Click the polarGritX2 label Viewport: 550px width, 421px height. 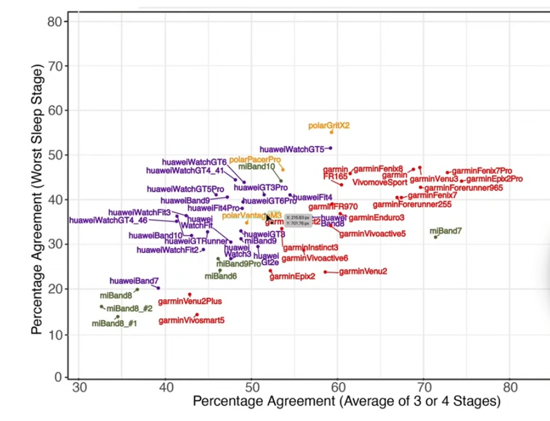coord(328,126)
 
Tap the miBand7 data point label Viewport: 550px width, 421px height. coord(446,231)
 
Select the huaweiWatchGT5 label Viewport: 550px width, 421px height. coord(292,149)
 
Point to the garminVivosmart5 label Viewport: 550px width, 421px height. coord(192,321)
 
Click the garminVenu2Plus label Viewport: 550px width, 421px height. coord(190,301)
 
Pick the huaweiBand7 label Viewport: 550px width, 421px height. coord(134,280)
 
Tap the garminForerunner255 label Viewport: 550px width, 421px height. coord(412,204)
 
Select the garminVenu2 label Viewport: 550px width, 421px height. coord(363,271)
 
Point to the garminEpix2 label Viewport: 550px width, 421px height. coord(292,276)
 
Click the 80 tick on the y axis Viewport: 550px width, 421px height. coord(55,22)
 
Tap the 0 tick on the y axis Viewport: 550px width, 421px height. coord(58,377)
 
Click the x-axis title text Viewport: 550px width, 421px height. coord(346,401)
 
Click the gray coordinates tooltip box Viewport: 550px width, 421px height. coord(298,220)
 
